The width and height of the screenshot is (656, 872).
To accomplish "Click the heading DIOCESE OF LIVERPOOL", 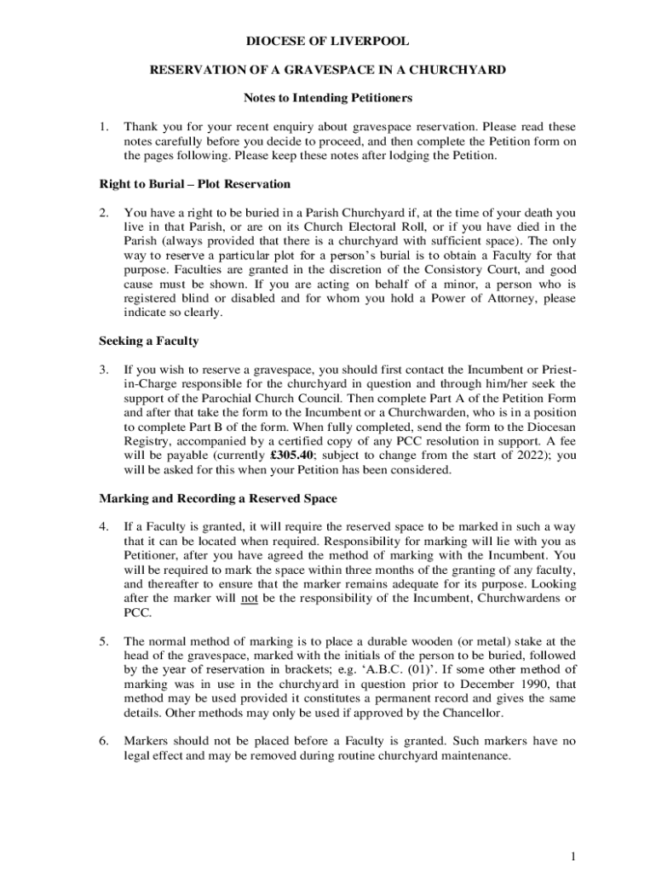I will coord(327,41).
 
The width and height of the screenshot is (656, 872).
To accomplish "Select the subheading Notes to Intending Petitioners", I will coord(328,98).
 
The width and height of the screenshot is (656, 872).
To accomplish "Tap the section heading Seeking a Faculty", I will coord(148,341).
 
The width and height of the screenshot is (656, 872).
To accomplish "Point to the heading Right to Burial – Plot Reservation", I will coord(195,184).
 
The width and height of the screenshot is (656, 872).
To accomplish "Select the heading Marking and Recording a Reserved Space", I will coord(218,498).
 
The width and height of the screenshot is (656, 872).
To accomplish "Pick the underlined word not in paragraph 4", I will coord(249,599).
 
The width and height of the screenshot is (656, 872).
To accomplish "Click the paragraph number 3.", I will coord(103,370).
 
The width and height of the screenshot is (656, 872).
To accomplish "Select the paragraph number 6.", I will coord(103,741).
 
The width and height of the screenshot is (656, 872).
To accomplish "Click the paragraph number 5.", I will coord(103,641).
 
